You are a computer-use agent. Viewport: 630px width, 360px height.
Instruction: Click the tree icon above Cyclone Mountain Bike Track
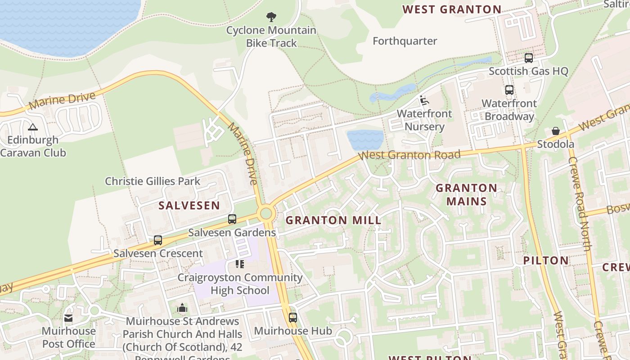[271, 17]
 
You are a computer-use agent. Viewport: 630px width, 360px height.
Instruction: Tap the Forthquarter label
[405, 41]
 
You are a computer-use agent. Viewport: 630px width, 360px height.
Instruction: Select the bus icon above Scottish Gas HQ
[528, 58]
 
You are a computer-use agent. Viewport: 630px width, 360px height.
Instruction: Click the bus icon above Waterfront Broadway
[509, 90]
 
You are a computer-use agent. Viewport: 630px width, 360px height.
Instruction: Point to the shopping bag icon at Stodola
[556, 131]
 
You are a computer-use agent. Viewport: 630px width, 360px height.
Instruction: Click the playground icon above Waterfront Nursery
[424, 100]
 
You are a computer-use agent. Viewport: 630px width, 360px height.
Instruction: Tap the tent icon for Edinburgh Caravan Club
[32, 127]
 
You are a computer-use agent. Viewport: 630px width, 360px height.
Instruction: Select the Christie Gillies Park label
[153, 181]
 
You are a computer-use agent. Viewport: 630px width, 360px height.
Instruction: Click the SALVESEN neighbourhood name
[189, 206]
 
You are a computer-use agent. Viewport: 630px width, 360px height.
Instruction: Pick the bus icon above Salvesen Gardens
[232, 219]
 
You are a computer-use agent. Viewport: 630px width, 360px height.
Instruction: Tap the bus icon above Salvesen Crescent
[157, 240]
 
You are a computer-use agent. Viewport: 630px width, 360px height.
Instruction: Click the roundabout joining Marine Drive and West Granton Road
[266, 213]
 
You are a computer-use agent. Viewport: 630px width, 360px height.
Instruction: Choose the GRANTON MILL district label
[333, 220]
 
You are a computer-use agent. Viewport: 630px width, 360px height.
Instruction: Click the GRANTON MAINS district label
[467, 194]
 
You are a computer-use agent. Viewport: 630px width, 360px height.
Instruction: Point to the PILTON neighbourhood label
[546, 260]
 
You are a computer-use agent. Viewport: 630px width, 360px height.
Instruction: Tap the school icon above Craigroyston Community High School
[239, 264]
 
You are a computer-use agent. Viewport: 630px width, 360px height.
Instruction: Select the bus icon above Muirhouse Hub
[292, 317]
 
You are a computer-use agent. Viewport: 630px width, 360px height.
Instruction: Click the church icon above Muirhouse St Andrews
[182, 308]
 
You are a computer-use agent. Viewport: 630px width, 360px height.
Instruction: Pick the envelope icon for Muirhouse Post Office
[68, 318]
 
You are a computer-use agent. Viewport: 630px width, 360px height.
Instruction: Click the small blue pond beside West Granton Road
[365, 140]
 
